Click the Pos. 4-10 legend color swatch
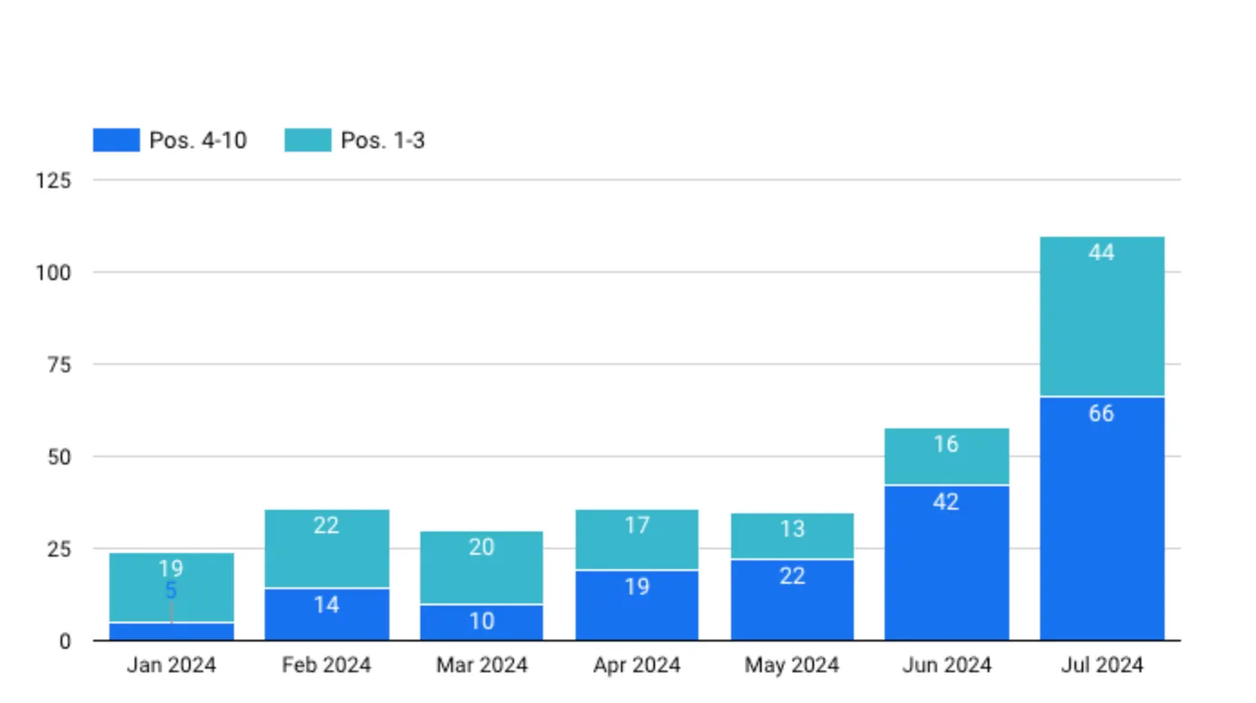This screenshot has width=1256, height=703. [x=116, y=140]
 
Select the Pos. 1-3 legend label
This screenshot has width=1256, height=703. [x=382, y=141]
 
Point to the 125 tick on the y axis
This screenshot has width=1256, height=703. [x=52, y=181]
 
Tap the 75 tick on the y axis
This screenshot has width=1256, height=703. [x=58, y=365]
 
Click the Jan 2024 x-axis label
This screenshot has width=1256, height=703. [x=171, y=666]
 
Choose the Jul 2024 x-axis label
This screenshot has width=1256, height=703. [x=1101, y=666]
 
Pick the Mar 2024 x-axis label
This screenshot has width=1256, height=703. [x=482, y=666]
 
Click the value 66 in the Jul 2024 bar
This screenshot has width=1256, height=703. [x=1101, y=414]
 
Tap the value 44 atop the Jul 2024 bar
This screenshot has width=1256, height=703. [x=1101, y=253]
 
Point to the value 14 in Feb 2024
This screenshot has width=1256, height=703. [x=326, y=605]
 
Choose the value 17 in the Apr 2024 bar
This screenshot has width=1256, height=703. [x=637, y=525]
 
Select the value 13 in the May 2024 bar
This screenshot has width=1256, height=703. [x=792, y=529]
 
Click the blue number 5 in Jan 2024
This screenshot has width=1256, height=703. [x=171, y=592]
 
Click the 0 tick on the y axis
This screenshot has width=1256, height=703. [x=64, y=642]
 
